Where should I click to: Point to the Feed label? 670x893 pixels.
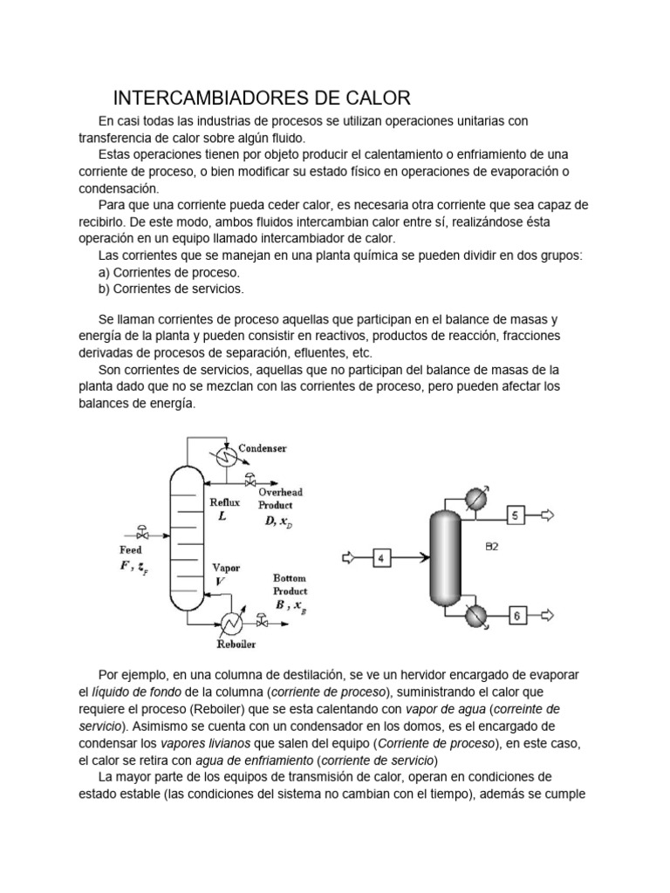tap(130, 550)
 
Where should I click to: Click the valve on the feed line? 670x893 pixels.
tap(142, 529)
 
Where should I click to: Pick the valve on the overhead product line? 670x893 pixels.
tap(252, 479)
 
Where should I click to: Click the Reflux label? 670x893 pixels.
tap(223, 502)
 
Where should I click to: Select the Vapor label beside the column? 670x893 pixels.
tap(226, 568)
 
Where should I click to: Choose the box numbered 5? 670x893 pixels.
tap(515, 516)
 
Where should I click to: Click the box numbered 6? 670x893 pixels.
tap(515, 617)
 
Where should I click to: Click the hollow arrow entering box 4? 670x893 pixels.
tap(349, 556)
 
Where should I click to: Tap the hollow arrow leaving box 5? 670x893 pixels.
tap(547, 516)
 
